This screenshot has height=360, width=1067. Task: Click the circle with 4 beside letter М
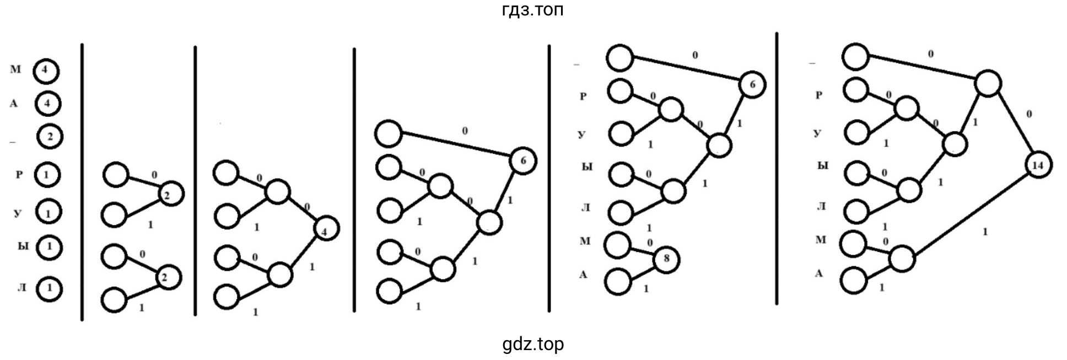tap(46, 71)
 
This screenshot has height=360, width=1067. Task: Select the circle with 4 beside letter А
tap(47, 104)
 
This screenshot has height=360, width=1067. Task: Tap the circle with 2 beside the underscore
tap(50, 137)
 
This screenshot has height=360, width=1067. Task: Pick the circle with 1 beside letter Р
tap(47, 175)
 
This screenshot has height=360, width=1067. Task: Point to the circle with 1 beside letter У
tap(48, 212)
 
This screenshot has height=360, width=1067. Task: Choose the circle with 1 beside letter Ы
tap(49, 246)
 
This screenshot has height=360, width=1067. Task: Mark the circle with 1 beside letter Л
tap(49, 288)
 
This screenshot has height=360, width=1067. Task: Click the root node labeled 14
tap(1038, 165)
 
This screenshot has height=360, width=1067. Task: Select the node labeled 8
tap(666, 260)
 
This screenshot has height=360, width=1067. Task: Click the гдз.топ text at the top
tap(533, 10)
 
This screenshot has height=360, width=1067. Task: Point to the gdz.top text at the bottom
tap(533, 345)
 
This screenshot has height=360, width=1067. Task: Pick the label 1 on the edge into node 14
tap(985, 232)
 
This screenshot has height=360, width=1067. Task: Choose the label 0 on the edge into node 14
tap(1029, 114)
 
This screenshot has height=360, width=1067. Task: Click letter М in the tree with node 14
tap(821, 239)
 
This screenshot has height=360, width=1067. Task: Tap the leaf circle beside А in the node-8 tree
tap(618, 281)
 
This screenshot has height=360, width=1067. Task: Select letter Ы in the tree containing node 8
tap(587, 166)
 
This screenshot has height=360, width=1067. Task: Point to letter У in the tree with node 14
tap(818, 133)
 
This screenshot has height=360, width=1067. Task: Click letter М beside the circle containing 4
tap(15, 69)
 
